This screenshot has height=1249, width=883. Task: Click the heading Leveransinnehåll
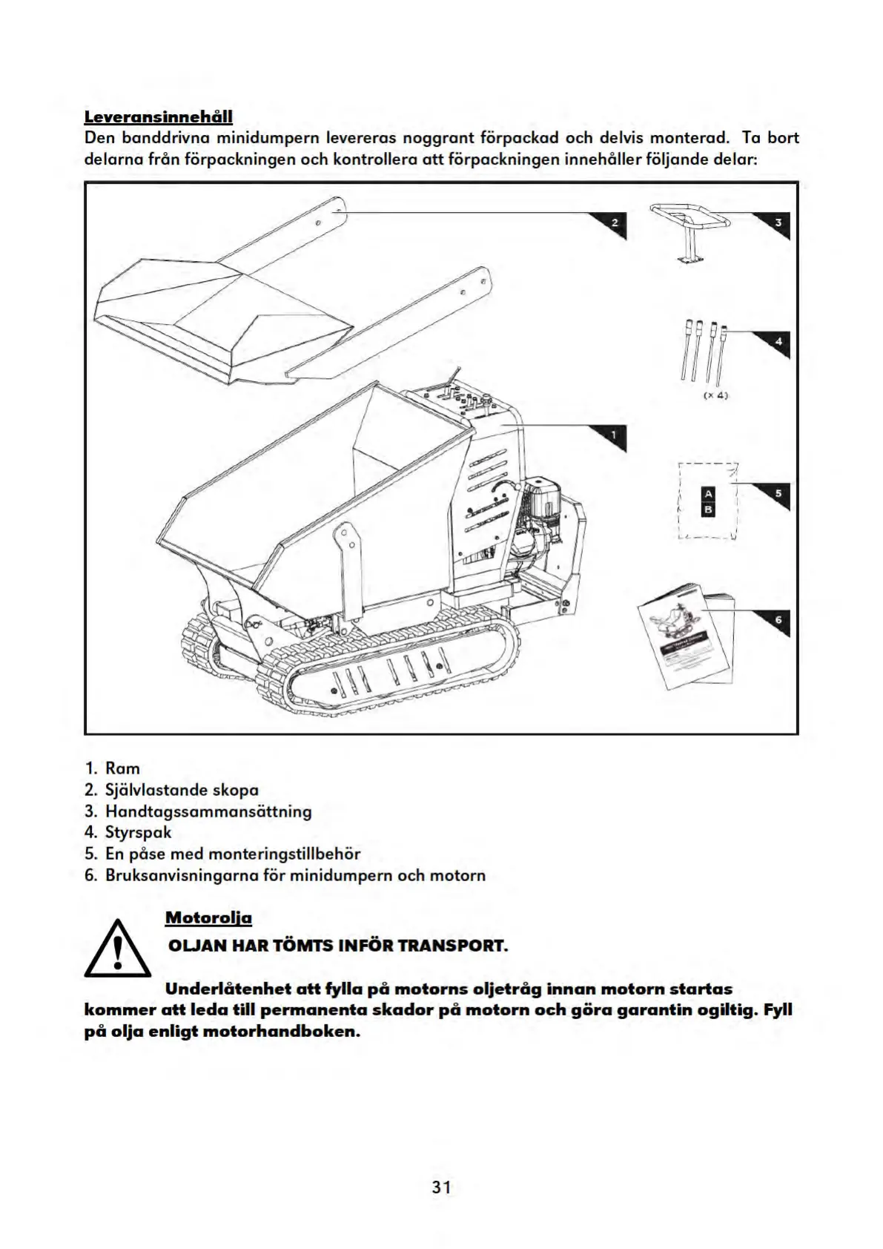pos(159,116)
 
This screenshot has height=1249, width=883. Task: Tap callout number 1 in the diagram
pos(614,435)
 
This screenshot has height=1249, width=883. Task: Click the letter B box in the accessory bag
pos(708,510)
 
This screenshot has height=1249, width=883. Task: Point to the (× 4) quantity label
pos(715,395)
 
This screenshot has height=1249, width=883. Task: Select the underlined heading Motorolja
pos(208,917)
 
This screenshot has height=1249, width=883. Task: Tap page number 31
pos(442,1187)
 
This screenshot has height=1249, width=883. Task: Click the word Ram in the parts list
pos(122,768)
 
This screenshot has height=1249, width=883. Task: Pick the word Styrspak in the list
pos(138,832)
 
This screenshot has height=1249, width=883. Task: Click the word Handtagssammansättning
pos(208,811)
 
